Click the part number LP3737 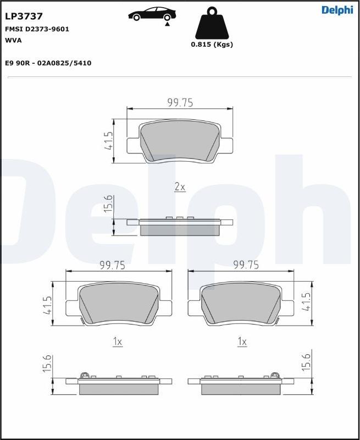(x=24, y=16)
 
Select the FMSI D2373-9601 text (x=37, y=29)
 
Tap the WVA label (x=13, y=40)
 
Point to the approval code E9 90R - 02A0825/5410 (x=48, y=63)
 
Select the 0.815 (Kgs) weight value (x=212, y=45)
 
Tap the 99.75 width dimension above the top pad (x=180, y=102)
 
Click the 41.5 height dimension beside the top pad (x=108, y=141)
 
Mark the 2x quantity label (x=180, y=187)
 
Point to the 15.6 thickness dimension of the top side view (x=108, y=205)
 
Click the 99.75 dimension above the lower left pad (x=112, y=265)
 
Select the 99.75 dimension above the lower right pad (x=246, y=265)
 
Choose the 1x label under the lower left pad (x=117, y=342)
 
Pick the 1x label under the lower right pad (x=242, y=342)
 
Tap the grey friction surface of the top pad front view (x=180, y=141)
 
